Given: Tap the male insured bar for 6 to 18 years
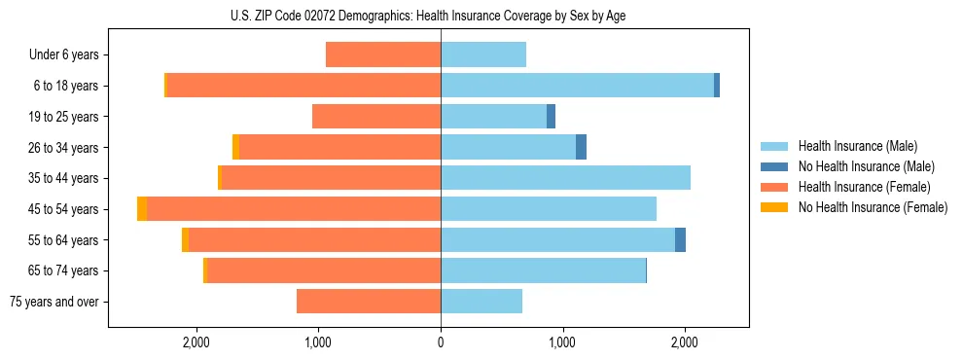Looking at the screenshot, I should point(577,86).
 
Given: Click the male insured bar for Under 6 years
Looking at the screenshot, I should point(483,54).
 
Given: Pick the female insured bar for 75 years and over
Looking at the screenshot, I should point(369,302).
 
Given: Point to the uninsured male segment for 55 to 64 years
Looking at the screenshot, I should point(680,240).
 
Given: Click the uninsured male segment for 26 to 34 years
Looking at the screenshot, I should point(581,148).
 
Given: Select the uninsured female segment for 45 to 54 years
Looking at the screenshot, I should point(142,209).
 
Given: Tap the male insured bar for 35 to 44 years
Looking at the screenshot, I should point(565,178).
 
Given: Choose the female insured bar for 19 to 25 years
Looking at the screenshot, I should point(376,117).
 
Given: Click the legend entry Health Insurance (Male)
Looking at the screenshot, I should point(858,146).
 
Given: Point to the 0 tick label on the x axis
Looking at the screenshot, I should point(441,342).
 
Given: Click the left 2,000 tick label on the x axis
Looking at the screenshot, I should point(196,342).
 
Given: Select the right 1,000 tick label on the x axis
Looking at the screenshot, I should point(562,342).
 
